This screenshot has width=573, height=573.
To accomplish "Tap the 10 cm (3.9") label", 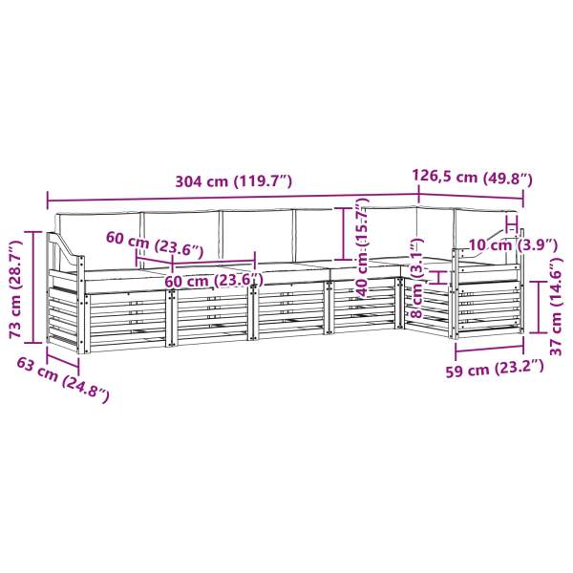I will pyautogui.click(x=512, y=244).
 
